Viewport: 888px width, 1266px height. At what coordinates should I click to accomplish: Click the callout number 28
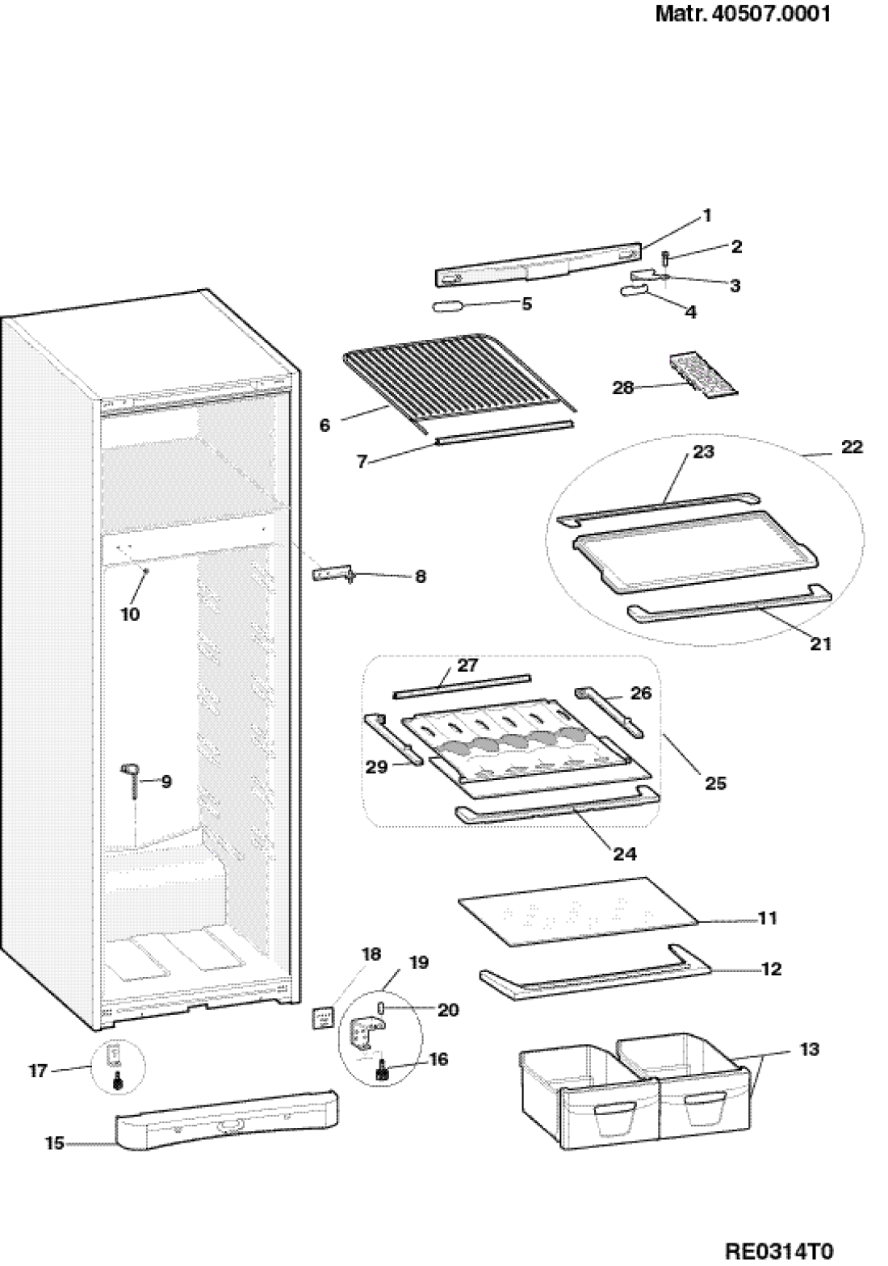(623, 388)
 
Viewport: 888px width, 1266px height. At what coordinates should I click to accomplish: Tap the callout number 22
(852, 447)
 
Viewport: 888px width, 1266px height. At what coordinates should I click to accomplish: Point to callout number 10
(130, 614)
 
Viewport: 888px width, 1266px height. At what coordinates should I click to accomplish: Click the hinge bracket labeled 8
(333, 573)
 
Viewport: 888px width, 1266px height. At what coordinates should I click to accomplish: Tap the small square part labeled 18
(323, 1019)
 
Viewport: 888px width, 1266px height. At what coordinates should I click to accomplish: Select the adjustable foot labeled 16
(383, 1073)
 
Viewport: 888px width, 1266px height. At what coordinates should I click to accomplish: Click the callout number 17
(38, 1071)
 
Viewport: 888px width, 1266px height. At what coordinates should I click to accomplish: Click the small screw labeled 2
(665, 258)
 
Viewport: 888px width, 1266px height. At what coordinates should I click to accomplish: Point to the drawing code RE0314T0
(778, 1251)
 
